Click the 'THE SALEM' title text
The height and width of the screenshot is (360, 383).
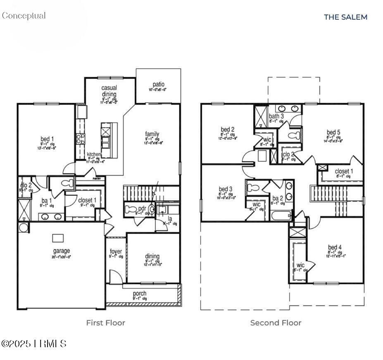(x=345, y=17)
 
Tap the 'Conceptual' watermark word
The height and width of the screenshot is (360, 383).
(x=24, y=16)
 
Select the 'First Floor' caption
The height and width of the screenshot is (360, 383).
(x=105, y=322)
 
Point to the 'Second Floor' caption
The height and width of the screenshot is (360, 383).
(x=276, y=322)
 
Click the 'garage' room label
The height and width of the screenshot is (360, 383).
(x=61, y=251)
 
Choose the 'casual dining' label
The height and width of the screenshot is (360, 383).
(x=109, y=91)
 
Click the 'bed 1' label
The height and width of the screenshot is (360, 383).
(x=47, y=139)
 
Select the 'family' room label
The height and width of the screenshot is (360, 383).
(x=152, y=134)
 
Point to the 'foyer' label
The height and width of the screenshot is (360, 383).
(x=116, y=251)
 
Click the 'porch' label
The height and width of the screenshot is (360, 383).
(x=140, y=294)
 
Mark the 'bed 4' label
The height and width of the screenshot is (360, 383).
(x=335, y=247)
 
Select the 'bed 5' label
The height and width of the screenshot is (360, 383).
(x=333, y=132)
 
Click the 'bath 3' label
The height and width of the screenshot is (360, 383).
(x=276, y=116)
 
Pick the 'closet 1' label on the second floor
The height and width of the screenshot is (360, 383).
(x=344, y=171)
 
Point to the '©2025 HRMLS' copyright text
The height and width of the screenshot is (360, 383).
(x=34, y=343)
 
